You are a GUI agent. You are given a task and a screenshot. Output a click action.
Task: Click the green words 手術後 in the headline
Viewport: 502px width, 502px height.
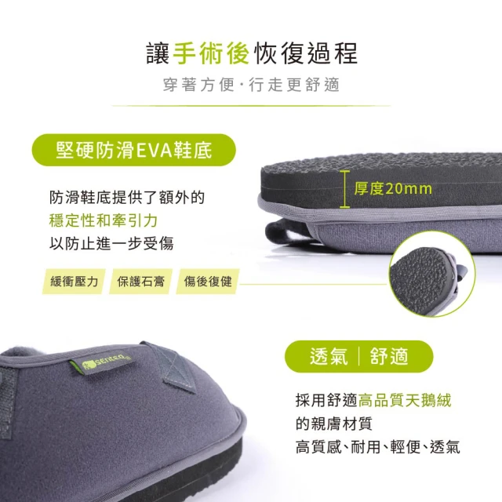click(x=211, y=53)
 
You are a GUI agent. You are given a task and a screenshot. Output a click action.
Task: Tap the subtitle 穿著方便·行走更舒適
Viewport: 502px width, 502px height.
click(x=251, y=85)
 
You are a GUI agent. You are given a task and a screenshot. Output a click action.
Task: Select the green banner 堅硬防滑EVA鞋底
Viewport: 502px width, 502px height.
click(x=134, y=150)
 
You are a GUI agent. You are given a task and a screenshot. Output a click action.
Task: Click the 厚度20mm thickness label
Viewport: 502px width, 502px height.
click(x=393, y=188)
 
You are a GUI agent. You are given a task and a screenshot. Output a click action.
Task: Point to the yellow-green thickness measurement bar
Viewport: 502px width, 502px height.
click(x=345, y=189)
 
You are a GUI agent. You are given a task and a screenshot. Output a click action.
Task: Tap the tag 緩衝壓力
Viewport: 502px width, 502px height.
click(x=74, y=282)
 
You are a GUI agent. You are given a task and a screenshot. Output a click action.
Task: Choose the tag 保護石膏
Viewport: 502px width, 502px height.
click(x=141, y=282)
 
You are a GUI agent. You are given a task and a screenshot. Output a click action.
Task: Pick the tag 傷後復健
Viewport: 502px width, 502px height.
click(x=208, y=282)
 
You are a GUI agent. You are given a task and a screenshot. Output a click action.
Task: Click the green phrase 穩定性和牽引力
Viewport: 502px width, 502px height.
click(x=104, y=220)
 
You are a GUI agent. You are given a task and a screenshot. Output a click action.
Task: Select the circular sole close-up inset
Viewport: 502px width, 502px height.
click(x=432, y=274)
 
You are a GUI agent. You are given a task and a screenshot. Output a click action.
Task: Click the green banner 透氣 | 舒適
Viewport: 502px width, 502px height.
click(x=359, y=356)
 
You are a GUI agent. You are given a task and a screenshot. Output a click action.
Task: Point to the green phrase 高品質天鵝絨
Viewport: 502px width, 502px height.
click(x=405, y=400)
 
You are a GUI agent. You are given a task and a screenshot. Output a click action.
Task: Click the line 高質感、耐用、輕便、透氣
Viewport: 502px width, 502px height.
click(x=378, y=447)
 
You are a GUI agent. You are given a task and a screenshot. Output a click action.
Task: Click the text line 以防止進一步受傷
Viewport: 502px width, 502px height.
click(x=111, y=244)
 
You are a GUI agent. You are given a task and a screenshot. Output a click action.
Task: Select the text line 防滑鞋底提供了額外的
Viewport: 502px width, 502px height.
click(x=127, y=197)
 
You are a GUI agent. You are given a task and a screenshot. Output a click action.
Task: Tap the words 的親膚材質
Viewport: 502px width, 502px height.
click(x=334, y=424)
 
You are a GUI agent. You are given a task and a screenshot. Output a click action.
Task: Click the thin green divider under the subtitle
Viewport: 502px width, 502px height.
click(x=251, y=106)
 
